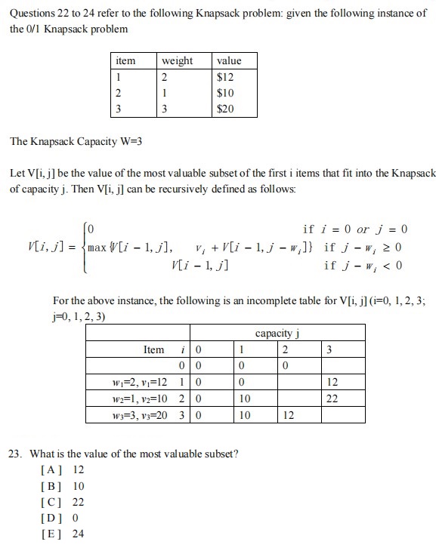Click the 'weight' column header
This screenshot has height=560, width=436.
point(178,60)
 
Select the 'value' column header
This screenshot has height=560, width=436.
point(229,60)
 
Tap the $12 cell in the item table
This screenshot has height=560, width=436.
point(225,77)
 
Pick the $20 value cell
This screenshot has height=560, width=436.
point(225,109)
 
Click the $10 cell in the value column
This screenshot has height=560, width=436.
point(225,93)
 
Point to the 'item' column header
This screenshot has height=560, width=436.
point(125,60)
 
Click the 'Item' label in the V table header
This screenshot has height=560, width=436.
point(153,350)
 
